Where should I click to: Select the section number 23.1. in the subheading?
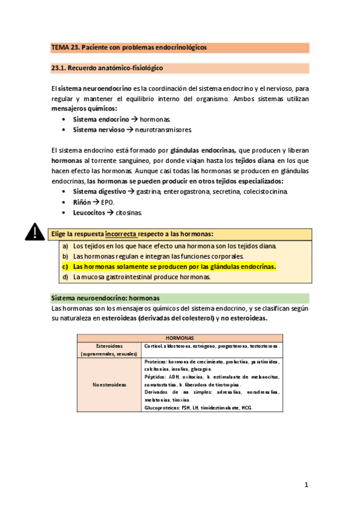point(61,68)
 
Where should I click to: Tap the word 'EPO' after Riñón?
point(108,202)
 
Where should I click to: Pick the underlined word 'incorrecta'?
point(121,233)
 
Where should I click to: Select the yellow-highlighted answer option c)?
point(174,266)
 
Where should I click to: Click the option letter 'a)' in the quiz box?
point(65,246)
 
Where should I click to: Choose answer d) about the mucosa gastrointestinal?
point(141,277)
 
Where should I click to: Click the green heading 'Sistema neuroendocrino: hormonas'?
point(105,298)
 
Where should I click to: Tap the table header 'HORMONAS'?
point(180,338)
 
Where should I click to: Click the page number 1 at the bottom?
point(306,484)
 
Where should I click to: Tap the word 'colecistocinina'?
point(265,192)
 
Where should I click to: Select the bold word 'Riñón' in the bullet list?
point(83,202)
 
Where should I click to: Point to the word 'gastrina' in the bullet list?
point(148,192)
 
